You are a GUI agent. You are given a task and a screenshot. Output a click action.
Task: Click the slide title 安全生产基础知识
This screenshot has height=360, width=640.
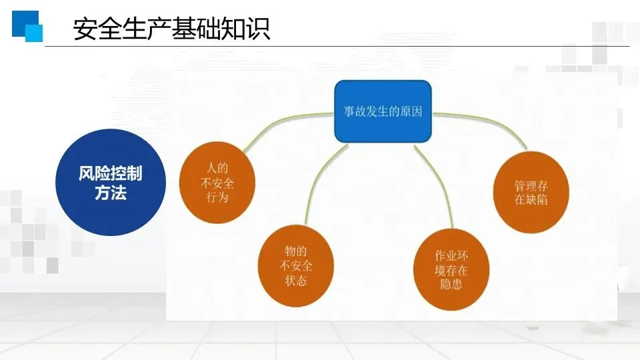click(171, 29)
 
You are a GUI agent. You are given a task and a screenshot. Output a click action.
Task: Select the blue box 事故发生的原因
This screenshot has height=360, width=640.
click(383, 111)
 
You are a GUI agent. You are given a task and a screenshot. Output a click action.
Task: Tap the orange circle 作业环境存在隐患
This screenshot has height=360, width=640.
click(451, 269)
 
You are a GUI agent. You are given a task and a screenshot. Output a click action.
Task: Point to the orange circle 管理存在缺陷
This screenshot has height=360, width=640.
click(531, 191)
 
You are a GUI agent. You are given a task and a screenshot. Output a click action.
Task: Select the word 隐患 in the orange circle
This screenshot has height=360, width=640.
click(451, 285)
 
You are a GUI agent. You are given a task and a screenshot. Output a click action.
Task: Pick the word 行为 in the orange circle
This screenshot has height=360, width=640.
click(217, 198)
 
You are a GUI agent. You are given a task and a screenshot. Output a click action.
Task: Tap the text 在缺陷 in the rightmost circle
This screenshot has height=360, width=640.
click(531, 199)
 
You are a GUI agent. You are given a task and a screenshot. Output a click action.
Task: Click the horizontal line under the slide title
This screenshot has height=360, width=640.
click(333, 47)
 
